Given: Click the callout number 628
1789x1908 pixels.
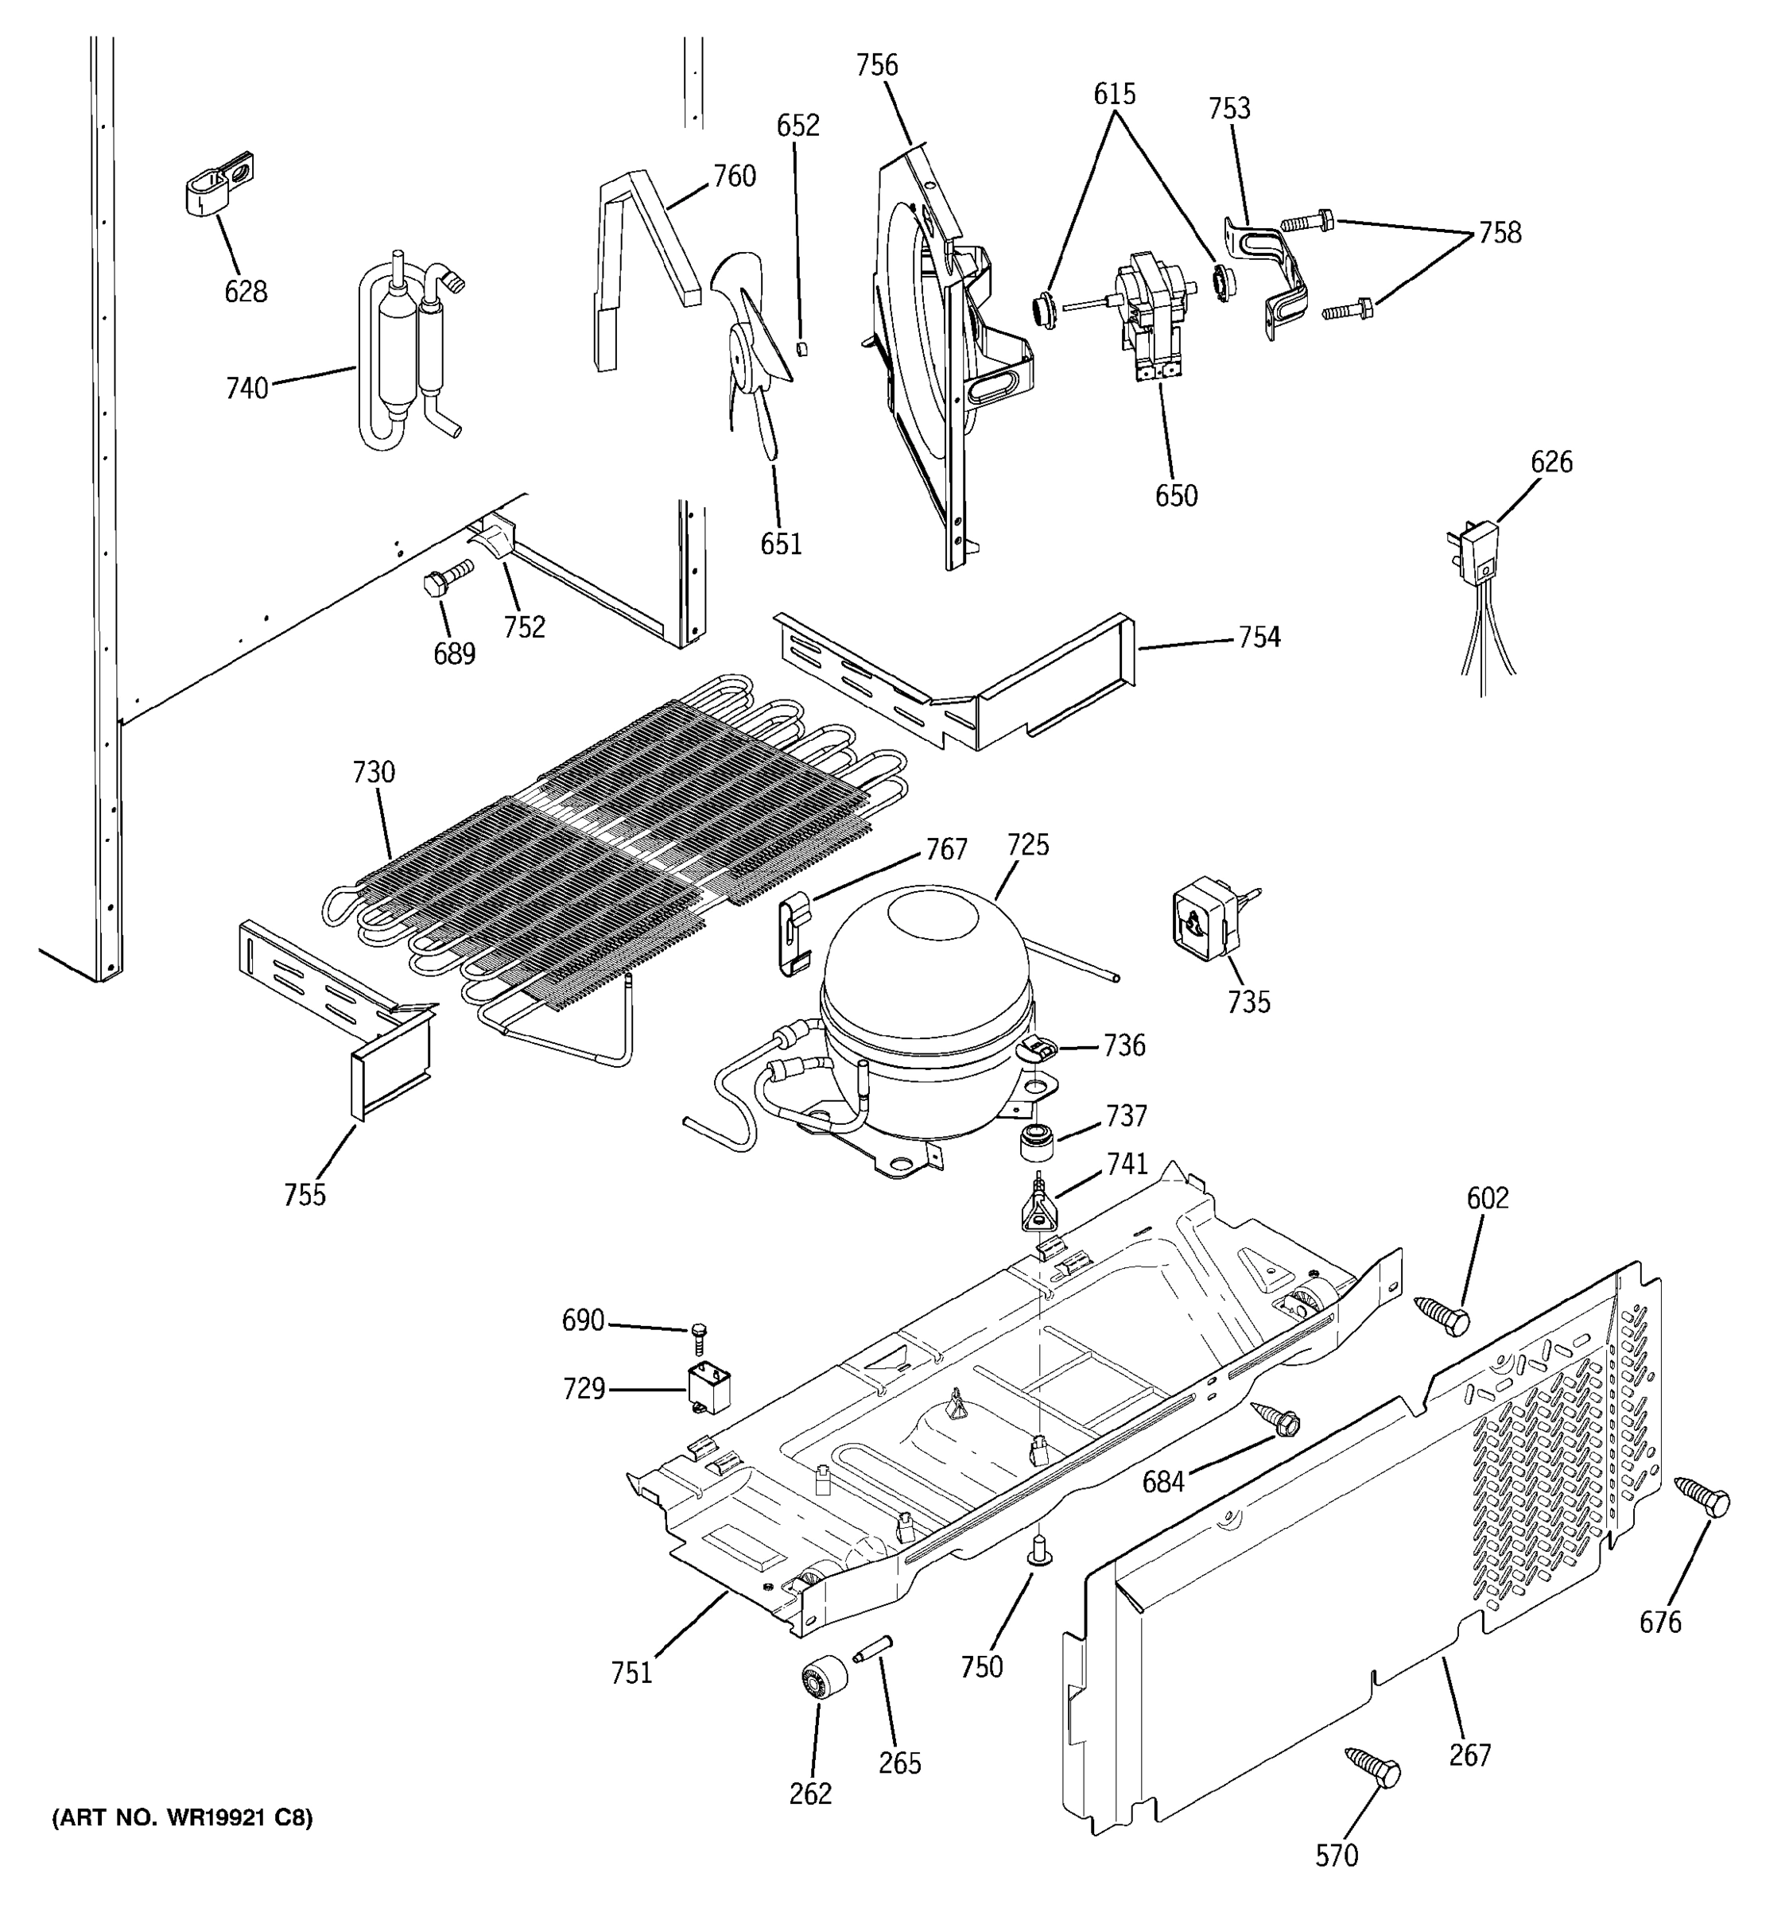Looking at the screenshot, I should (246, 292).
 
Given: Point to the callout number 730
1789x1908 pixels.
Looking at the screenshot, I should (374, 772).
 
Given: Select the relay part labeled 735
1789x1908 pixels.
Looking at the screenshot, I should (1205, 921).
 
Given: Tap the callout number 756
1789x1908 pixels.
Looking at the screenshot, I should (876, 65).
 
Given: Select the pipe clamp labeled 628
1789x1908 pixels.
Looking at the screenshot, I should (218, 181).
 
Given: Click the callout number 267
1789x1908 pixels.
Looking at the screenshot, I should (1469, 1755).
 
